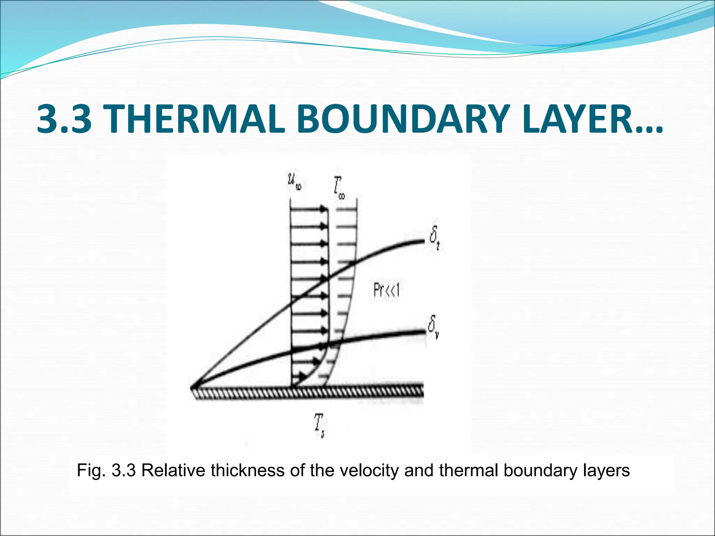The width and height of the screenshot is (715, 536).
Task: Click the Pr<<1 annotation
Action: coord(386,290)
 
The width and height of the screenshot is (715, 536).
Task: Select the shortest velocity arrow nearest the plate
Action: coord(299,377)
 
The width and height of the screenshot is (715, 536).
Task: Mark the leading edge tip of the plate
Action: coord(192,388)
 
